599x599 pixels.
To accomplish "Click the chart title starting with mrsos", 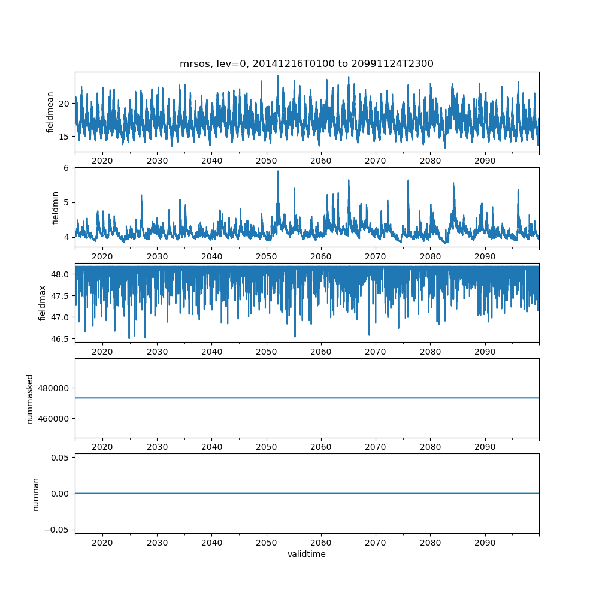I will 306,63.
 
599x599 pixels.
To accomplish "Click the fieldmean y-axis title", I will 50,112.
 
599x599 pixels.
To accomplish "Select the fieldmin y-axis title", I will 55,207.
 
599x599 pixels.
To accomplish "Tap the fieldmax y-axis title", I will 43,302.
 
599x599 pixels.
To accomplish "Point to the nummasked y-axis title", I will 30,398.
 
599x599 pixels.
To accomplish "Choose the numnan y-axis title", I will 36,494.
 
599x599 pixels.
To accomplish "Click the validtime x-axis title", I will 306,555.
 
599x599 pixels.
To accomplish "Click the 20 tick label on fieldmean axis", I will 63,103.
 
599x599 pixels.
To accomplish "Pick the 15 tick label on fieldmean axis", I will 63,136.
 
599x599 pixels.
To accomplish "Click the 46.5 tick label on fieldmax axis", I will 60,339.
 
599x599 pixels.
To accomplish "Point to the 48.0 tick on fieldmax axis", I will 60,274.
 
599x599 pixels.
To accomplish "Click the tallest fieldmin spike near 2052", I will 278,171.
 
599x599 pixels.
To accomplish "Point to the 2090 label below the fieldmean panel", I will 485,161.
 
